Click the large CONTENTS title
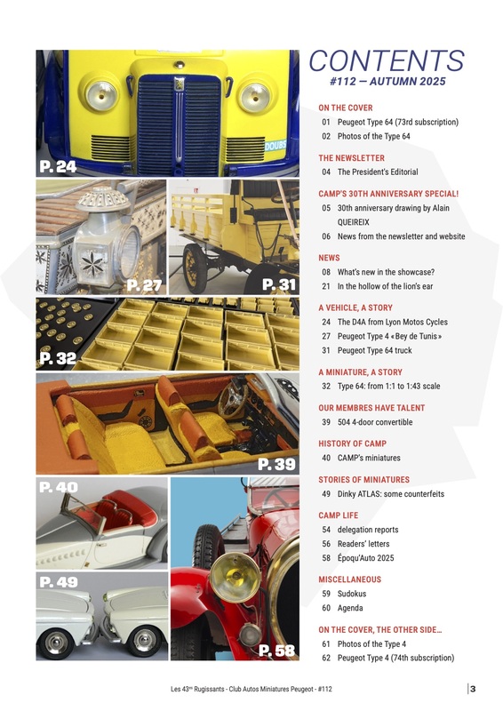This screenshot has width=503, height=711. pos(387,60)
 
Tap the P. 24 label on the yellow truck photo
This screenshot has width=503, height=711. pos(58,166)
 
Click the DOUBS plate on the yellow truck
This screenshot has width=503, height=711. pos(275,146)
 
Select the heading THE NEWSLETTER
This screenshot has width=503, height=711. pos(352,158)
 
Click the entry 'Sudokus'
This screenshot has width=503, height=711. pos(352,594)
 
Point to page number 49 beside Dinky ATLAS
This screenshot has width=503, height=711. pos(326,494)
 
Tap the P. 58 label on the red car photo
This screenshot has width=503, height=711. pos(276,651)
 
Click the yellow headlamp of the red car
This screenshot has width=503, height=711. pos(235,577)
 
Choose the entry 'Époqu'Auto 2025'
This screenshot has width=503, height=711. pos(365,558)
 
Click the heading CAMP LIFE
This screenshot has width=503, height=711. pos(339,515)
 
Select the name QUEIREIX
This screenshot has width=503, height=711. pos(354,222)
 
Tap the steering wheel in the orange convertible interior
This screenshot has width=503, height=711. pos(233,399)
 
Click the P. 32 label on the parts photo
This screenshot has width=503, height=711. pos(58,358)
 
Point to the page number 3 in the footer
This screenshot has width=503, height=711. pos(473,689)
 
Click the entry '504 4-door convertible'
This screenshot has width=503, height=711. pos(375,422)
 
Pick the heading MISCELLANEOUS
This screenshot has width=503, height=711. pos(349,579)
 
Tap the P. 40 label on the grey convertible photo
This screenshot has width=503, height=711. pos(59,487)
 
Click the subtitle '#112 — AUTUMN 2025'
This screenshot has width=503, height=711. pos(387,82)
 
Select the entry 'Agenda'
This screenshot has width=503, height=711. pos(350,608)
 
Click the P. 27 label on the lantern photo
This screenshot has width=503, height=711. pos(144,285)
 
